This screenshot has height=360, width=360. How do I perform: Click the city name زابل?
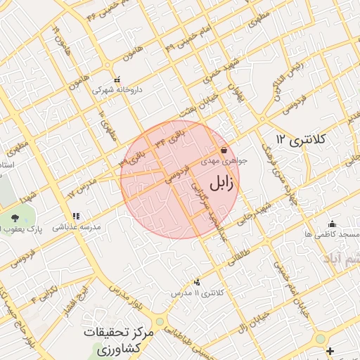point(221,184)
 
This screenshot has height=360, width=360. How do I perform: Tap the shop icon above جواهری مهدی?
point(224,150)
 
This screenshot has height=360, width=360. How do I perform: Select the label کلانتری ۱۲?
point(301,139)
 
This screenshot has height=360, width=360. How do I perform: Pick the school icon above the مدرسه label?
point(76,217)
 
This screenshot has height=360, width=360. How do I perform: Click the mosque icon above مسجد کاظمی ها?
point(332,224)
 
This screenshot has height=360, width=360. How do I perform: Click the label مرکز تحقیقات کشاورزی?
point(117,339)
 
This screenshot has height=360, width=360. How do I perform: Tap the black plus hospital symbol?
point(330,350)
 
